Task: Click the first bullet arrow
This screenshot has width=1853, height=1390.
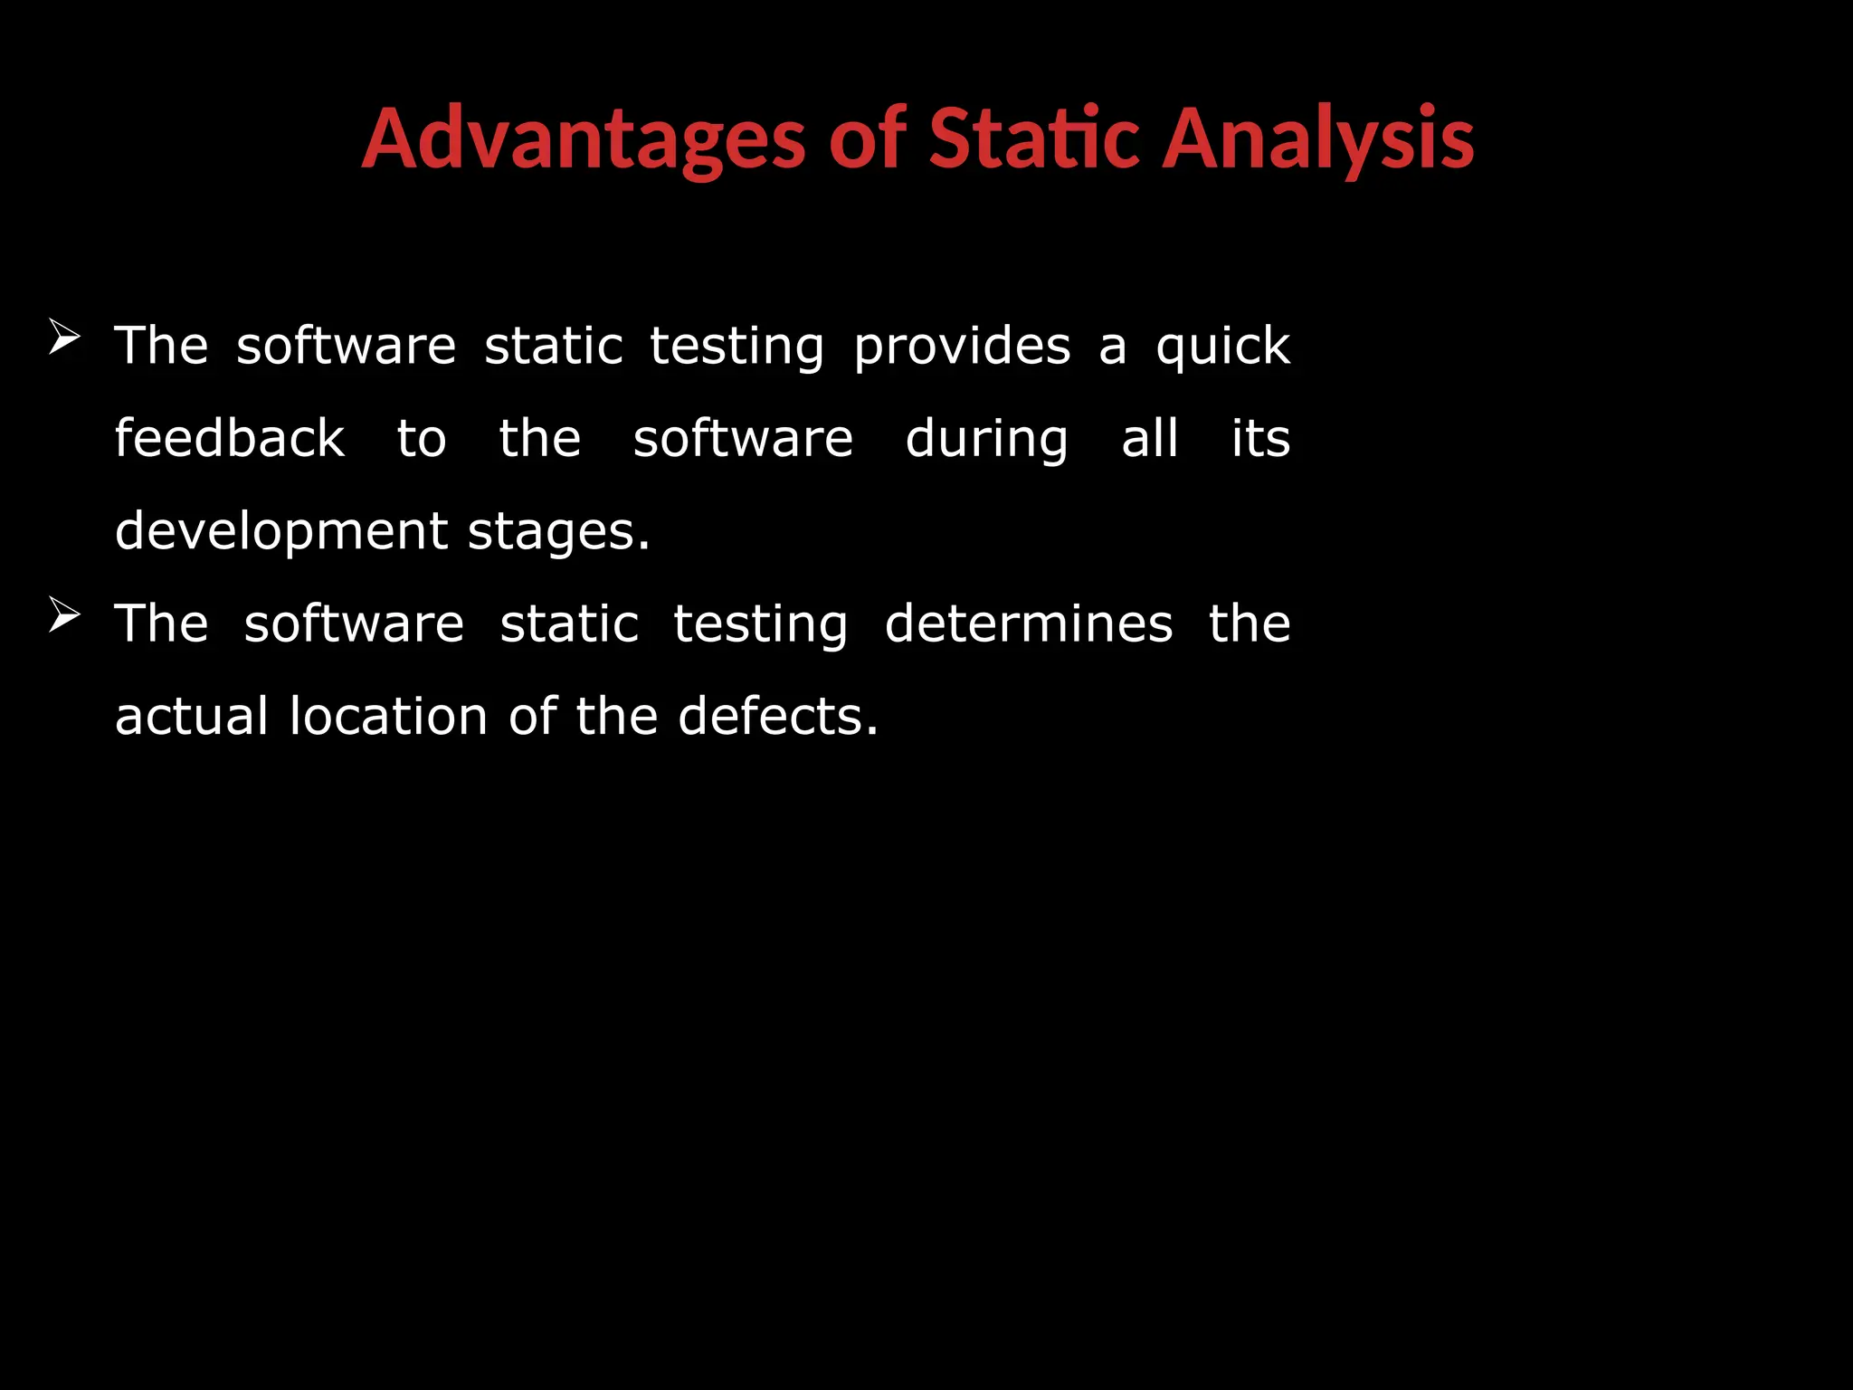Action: tap(64, 338)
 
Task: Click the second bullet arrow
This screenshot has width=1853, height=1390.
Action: tap(64, 615)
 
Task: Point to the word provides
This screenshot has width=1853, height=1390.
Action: tap(962, 347)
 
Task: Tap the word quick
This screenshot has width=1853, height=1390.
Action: tap(1222, 347)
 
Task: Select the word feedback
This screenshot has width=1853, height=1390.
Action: tap(229, 439)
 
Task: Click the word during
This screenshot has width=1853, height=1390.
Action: tap(986, 441)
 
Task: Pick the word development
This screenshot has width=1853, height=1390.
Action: tap(280, 532)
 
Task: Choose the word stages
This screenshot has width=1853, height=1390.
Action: tap(558, 532)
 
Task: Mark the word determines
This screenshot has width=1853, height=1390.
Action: tap(1028, 624)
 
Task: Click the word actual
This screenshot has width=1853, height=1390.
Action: tap(192, 717)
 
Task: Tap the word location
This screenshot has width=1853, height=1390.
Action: tap(389, 717)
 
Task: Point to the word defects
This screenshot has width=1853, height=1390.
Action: tap(777, 717)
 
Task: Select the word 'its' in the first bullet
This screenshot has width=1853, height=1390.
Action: tap(1260, 439)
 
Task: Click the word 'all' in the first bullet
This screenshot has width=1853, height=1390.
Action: tap(1149, 439)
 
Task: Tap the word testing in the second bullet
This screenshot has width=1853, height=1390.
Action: tap(760, 624)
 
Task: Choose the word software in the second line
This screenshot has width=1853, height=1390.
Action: tap(742, 439)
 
